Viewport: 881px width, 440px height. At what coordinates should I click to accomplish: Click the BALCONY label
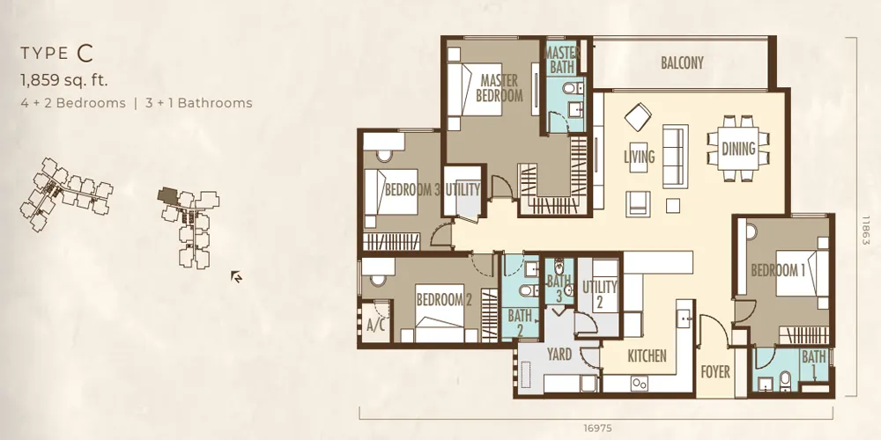tap(682, 62)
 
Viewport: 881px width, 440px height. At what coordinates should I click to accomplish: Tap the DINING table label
tap(738, 149)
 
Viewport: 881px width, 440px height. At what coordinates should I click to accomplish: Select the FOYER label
tap(715, 371)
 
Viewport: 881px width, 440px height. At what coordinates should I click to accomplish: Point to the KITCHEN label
tap(647, 356)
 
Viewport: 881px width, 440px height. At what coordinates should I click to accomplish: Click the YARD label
tap(559, 354)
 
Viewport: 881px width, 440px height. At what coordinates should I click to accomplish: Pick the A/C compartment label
tap(375, 325)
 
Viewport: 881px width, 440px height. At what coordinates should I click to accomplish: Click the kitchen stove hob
tap(640, 384)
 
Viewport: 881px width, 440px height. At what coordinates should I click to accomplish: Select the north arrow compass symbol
tap(236, 276)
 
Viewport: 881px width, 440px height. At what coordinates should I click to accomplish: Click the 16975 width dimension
tap(596, 429)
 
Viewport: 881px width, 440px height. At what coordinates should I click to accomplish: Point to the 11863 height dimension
tap(865, 230)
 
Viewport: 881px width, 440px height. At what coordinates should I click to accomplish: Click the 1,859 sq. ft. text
tap(64, 80)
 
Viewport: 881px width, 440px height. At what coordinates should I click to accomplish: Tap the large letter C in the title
tap(85, 54)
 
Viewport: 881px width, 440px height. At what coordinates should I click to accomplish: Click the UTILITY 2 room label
tap(599, 294)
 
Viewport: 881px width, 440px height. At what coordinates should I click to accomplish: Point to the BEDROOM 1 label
tap(778, 270)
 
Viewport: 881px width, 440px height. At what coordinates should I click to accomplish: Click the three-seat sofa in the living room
tap(676, 156)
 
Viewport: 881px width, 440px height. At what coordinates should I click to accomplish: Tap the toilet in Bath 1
tap(785, 380)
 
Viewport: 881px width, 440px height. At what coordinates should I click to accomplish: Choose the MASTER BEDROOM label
tap(499, 88)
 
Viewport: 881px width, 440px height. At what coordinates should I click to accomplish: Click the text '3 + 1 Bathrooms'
tap(198, 103)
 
